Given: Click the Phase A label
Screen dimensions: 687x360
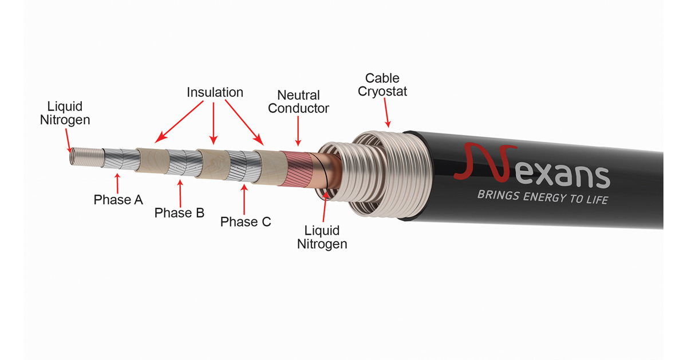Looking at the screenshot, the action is pyautogui.click(x=119, y=200).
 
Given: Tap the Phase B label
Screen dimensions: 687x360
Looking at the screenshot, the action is pyautogui.click(x=179, y=212).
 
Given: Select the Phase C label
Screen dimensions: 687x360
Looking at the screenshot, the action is pyautogui.click(x=246, y=221).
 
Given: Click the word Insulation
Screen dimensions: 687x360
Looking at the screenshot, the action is pyautogui.click(x=215, y=92).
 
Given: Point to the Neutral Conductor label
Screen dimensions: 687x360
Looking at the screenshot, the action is pyautogui.click(x=298, y=102).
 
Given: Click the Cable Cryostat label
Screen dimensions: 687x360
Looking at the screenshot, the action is pyautogui.click(x=382, y=85).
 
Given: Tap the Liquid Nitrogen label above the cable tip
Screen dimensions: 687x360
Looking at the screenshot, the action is pyautogui.click(x=65, y=113).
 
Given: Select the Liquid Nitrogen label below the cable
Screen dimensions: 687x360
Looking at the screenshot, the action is pyautogui.click(x=322, y=238).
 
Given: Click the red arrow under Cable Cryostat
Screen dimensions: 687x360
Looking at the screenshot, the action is pyautogui.click(x=387, y=113).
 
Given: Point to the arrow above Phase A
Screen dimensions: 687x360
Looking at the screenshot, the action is pyautogui.click(x=117, y=183).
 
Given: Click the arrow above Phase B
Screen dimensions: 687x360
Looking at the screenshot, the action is pyautogui.click(x=180, y=193).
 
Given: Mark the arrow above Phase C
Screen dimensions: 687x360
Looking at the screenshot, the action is pyautogui.click(x=244, y=199).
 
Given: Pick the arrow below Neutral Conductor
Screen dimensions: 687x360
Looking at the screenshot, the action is pyautogui.click(x=298, y=131).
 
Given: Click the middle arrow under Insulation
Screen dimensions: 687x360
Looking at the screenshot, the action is pyautogui.click(x=214, y=123).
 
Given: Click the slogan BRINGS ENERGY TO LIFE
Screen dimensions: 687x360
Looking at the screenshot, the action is pyautogui.click(x=543, y=197).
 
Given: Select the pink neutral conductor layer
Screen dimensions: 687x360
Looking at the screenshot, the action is pyautogui.click(x=297, y=169).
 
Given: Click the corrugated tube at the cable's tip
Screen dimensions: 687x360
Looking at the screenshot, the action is pyautogui.click(x=87, y=157).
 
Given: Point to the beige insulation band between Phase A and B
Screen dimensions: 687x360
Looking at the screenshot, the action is pyautogui.click(x=152, y=161).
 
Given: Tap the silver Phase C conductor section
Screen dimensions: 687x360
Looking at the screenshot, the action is pyautogui.click(x=243, y=166).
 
